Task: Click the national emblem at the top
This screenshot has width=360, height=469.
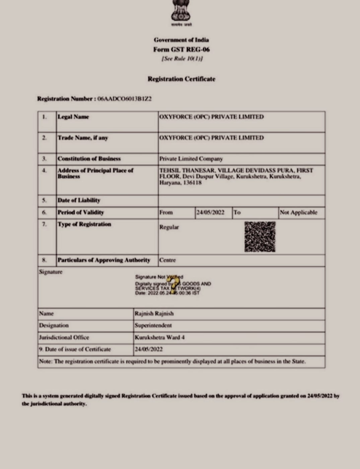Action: tap(181, 11)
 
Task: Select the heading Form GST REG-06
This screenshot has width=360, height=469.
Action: tap(181, 50)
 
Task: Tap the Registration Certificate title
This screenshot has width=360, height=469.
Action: tap(181, 79)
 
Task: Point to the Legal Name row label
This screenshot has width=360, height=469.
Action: tap(73, 117)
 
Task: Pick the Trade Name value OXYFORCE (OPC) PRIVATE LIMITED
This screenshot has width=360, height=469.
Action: tap(211, 137)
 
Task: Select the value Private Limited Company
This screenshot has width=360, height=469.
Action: tap(191, 159)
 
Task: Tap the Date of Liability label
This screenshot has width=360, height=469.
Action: tap(79, 200)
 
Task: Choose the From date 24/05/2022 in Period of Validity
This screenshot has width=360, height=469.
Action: tap(210, 212)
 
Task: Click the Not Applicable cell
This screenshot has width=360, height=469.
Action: tap(298, 212)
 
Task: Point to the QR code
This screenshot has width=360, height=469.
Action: tap(260, 236)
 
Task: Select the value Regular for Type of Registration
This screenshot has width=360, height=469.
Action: tap(169, 227)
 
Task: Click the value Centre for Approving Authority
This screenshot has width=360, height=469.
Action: tap(167, 260)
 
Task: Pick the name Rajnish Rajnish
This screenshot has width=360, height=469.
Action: tap(154, 313)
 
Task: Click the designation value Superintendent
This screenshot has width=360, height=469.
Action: tap(153, 325)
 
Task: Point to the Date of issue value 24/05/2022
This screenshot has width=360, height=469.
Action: tap(149, 349)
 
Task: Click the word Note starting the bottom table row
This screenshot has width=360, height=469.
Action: tap(45, 361)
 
